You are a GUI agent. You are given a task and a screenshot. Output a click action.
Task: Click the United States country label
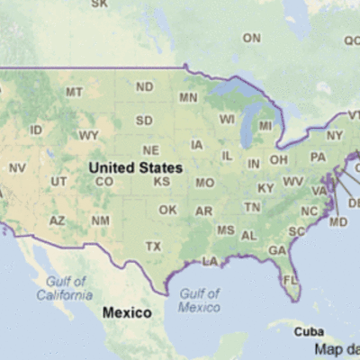pyautogui.click(x=135, y=167)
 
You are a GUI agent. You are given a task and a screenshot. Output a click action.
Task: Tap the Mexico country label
pyautogui.click(x=126, y=312)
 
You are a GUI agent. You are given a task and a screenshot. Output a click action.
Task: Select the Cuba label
pyautogui.click(x=310, y=331)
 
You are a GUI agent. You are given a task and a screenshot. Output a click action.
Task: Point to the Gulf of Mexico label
pyautogui.click(x=199, y=300)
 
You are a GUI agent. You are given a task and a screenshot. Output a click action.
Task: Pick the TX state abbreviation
pyautogui.click(x=154, y=246)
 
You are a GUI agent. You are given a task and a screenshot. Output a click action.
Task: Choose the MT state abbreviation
pyautogui.click(x=74, y=92)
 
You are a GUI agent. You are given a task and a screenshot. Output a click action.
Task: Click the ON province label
pyautogui.click(x=251, y=38)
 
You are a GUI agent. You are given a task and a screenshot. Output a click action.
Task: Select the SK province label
pyautogui.click(x=99, y=4)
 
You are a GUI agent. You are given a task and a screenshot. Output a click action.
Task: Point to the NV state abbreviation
pyautogui.click(x=17, y=167)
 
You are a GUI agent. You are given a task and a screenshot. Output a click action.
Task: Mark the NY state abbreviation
pyautogui.click(x=335, y=136)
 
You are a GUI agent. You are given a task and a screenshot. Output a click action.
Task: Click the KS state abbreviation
pyautogui.click(x=162, y=181)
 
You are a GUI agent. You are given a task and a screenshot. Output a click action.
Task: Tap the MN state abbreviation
pyautogui.click(x=188, y=97)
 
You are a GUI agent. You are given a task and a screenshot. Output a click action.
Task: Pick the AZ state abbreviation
pyautogui.click(x=58, y=220)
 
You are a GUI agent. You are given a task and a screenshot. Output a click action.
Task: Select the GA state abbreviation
pyautogui.click(x=277, y=249)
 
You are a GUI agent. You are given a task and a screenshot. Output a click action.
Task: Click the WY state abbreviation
pyautogui.click(x=88, y=135)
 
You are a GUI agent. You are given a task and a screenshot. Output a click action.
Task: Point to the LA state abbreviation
pyautogui.click(x=211, y=261)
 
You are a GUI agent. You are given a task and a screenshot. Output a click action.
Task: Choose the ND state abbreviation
pyautogui.click(x=144, y=86)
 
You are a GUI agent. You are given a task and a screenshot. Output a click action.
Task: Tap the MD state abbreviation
pyautogui.click(x=338, y=221)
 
